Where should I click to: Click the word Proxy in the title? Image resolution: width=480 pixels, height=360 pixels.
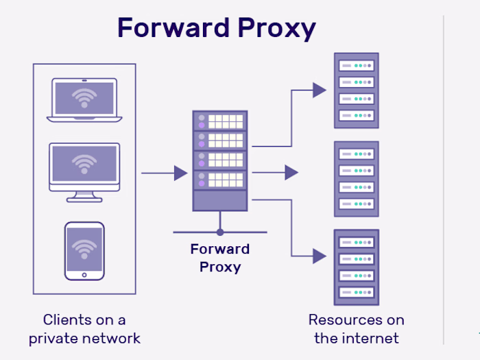point(280,28)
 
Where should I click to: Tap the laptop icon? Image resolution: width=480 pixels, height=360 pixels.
point(84,100)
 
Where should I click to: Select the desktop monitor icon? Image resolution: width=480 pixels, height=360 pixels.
point(84,168)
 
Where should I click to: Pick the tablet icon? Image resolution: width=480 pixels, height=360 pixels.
point(84,250)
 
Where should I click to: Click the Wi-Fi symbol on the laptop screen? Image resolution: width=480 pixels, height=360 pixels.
point(84,97)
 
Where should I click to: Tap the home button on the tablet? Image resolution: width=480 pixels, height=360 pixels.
point(84,274)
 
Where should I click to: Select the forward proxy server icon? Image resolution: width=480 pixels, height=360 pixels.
point(220,161)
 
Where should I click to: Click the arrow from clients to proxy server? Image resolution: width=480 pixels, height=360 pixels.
point(165,173)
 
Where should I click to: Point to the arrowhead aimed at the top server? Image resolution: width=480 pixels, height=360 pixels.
point(319,90)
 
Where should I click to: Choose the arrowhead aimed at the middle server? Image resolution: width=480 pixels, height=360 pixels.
point(291,173)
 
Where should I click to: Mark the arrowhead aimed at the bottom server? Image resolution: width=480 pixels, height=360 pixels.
point(319,256)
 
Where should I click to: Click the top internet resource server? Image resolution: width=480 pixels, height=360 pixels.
point(356,90)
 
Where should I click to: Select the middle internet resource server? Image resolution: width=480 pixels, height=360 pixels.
point(356,178)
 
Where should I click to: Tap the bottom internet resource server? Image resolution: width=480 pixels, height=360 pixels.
point(356,266)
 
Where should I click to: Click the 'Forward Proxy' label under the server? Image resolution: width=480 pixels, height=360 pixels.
point(220,258)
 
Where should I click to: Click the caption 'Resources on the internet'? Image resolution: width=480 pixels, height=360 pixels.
point(356,328)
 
